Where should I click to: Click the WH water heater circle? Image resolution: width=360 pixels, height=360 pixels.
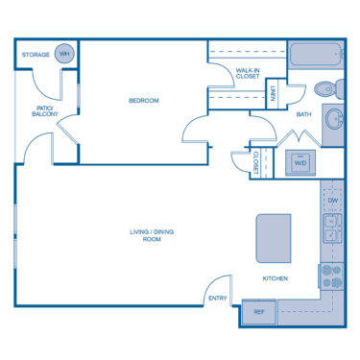[x=64, y=54]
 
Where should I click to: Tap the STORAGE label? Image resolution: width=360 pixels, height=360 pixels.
[x=36, y=55]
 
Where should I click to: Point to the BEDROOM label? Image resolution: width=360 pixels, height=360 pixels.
[x=144, y=101]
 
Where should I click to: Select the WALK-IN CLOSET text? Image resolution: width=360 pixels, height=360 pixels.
[x=248, y=73]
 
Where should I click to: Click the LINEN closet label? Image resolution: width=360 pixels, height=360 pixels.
[x=273, y=93]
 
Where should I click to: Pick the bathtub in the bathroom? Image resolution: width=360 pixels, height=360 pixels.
[x=316, y=54]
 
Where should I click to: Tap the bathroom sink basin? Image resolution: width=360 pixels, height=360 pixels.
[x=334, y=119]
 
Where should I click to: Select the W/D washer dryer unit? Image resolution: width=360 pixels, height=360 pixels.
[x=300, y=162]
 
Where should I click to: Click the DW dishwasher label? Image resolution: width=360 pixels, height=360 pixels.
[x=333, y=201]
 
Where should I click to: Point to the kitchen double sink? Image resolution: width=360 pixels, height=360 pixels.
[x=332, y=228]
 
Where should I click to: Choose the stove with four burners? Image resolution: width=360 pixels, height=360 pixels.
[x=331, y=276]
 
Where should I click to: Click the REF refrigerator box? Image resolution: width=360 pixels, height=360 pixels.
[x=258, y=312]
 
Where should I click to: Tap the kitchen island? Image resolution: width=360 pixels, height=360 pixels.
[x=274, y=238]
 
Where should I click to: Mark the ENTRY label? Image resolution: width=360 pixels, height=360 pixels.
[x=218, y=299]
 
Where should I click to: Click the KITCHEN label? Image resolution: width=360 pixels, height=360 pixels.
[x=276, y=278]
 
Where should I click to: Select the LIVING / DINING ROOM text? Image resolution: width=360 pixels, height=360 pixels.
[x=152, y=235]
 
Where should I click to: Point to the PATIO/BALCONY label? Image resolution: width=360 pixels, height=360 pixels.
[x=45, y=111]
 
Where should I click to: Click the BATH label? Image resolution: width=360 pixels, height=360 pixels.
[x=303, y=114]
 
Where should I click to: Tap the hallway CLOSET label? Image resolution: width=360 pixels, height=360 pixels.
[x=256, y=162]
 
